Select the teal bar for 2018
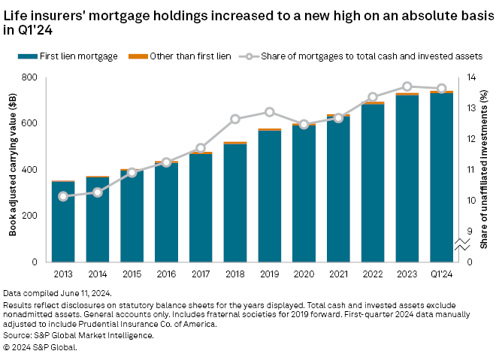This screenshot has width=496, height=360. [x=235, y=203]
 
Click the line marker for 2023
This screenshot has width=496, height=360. [x=407, y=86]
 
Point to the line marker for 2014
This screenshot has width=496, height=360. [x=98, y=192]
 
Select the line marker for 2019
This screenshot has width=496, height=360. [x=270, y=112]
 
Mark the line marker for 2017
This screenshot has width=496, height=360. [x=201, y=148]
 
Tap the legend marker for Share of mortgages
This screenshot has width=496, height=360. [x=248, y=56]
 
